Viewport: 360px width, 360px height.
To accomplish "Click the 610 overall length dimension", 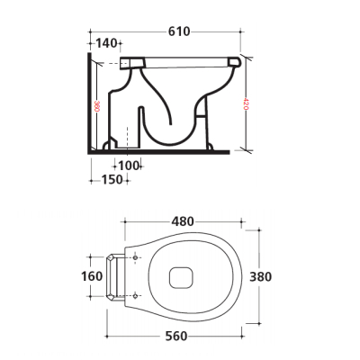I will pyautogui.click(x=178, y=31).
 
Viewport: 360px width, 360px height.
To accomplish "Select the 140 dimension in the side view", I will pyautogui.click(x=106, y=42).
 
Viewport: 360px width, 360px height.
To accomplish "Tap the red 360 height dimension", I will pyautogui.click(x=97, y=105).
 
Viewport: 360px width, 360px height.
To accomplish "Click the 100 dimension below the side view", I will pyautogui.click(x=129, y=166).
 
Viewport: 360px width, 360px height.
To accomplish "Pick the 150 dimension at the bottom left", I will pyautogui.click(x=111, y=180).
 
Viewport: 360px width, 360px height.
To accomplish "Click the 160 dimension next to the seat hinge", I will pyautogui.click(x=93, y=276).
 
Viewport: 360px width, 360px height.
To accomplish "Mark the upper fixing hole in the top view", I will pyautogui.click(x=135, y=258).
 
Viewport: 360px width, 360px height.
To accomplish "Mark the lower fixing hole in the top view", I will pyautogui.click(x=135, y=295).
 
